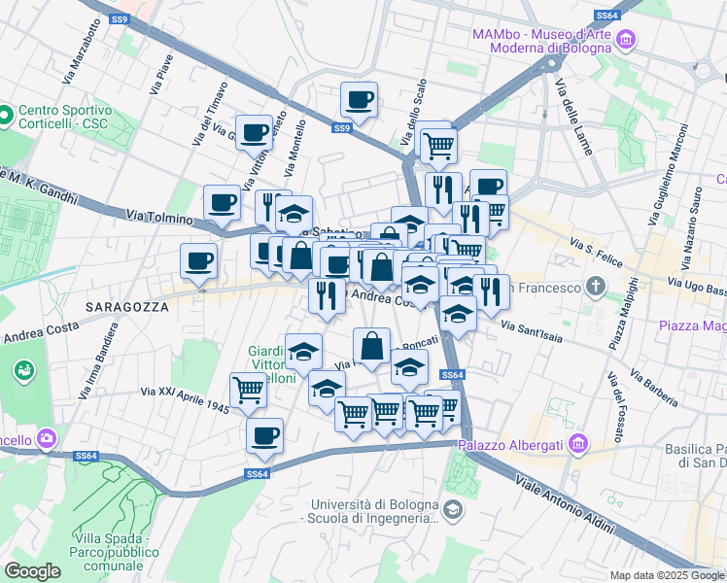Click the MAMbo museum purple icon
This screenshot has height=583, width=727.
pos(626,40)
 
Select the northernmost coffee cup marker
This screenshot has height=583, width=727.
pos(359,99)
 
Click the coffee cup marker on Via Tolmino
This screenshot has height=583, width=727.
pos(222,203)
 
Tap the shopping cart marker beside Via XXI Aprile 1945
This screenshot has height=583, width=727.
pos(249,391)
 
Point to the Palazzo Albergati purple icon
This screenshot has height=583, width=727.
pos(578,444)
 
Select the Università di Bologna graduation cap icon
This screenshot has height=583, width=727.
pos(452,509)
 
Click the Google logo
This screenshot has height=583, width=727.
pos(33,571)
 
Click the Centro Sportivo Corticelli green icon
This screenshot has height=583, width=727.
pos(7,116)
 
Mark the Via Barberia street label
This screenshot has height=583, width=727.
pos(652,386)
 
